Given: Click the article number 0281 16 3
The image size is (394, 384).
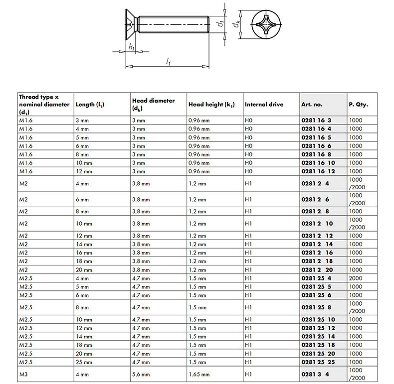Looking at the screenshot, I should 317,121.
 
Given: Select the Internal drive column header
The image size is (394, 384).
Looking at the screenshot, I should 264,105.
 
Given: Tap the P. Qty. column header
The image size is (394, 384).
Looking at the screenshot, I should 359,105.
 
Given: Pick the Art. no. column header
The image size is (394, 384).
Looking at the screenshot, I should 312,105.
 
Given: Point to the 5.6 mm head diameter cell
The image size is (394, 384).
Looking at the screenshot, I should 141,374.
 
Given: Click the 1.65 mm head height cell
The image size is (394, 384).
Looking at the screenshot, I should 199,374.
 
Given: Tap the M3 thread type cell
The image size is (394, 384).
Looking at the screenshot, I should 23,374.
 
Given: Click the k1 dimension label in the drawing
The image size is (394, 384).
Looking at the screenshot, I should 131,48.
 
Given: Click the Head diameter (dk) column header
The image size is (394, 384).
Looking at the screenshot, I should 153,104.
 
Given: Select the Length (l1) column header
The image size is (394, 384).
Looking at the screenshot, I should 93,105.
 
